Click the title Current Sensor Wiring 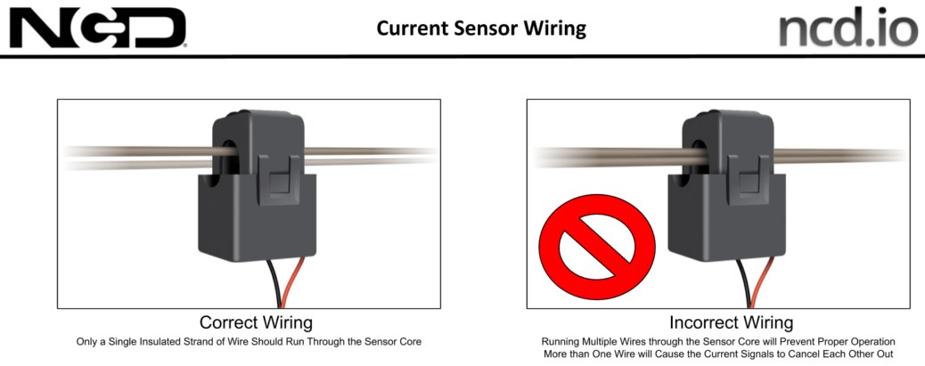coord(481,28)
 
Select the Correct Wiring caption coord(256,322)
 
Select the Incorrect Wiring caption coord(731,322)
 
